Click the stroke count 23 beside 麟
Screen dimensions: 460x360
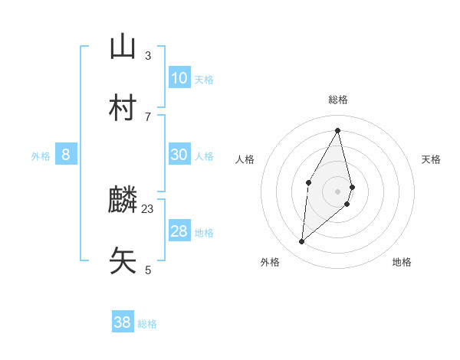pyautogui.click(x=148, y=208)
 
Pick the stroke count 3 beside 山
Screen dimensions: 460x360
pyautogui.click(x=148, y=55)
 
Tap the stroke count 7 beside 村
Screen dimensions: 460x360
pyautogui.click(x=148, y=116)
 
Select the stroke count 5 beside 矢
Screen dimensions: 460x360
pyautogui.click(x=148, y=270)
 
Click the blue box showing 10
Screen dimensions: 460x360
pyautogui.click(x=179, y=78)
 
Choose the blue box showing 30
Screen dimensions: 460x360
pyautogui.click(x=179, y=155)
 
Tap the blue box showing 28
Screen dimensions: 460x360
pyautogui.click(x=179, y=231)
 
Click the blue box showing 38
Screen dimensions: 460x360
pyautogui.click(x=123, y=322)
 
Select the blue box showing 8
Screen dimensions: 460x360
pyautogui.click(x=66, y=155)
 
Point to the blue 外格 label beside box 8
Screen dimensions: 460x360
pyautogui.click(x=41, y=156)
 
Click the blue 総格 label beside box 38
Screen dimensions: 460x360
pyautogui.click(x=147, y=324)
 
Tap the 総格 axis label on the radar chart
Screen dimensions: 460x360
pyautogui.click(x=338, y=100)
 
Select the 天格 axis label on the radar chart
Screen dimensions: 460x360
pyautogui.click(x=431, y=159)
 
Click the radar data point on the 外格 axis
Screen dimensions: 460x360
pyautogui.click(x=302, y=242)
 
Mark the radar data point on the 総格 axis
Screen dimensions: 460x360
pyautogui.click(x=338, y=130)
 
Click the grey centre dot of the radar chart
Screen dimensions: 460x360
pyautogui.click(x=338, y=191)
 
